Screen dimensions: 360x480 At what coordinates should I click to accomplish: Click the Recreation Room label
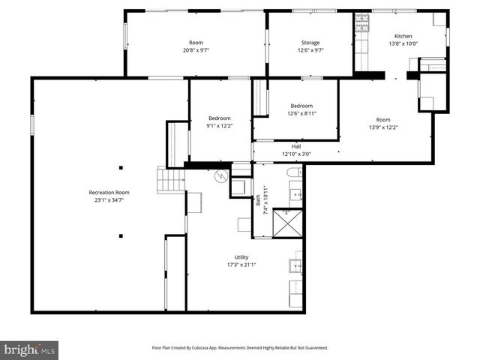tap(109, 193)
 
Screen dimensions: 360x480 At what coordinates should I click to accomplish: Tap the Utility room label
tap(241, 257)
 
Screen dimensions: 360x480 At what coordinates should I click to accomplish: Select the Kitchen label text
tap(403, 36)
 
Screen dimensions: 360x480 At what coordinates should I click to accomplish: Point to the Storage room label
tap(310, 43)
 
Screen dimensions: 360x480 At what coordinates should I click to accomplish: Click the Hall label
tap(296, 146)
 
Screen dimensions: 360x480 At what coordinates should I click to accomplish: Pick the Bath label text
tap(258, 199)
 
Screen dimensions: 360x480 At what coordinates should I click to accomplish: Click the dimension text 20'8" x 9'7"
tap(196, 51)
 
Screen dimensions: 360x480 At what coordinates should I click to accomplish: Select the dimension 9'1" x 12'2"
tap(220, 126)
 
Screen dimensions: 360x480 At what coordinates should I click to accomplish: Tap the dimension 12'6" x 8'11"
tap(301, 113)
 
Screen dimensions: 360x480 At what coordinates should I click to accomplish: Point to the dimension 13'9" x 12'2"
tap(383, 127)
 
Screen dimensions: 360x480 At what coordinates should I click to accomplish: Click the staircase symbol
tap(170, 180)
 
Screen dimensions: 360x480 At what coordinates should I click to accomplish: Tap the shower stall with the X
tap(286, 223)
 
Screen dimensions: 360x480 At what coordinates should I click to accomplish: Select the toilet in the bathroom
tap(294, 173)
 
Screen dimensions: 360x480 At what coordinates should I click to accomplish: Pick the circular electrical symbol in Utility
tap(220, 177)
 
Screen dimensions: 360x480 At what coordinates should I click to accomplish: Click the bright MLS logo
tap(30, 349)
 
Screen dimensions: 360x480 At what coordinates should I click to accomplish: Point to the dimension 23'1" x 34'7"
tap(109, 200)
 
